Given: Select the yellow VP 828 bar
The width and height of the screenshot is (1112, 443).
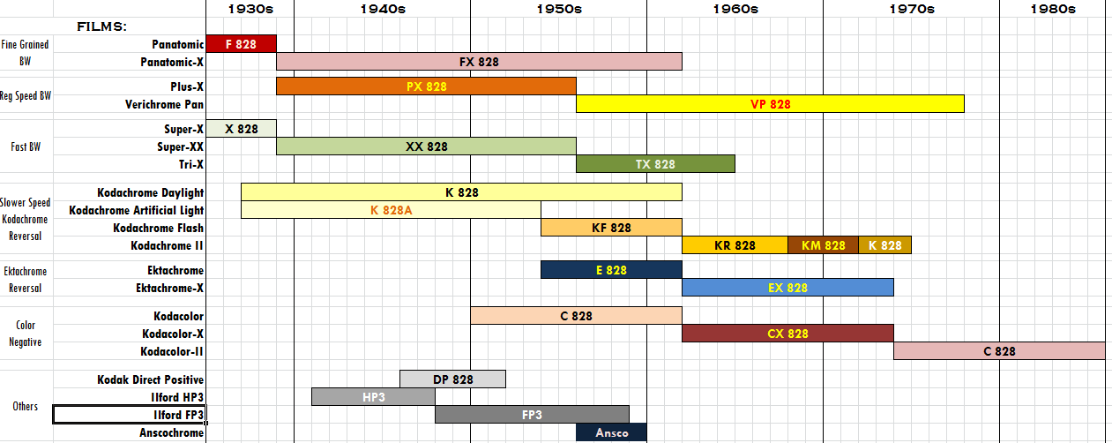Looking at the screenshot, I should tap(770, 104).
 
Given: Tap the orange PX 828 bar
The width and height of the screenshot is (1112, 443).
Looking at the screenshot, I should tap(426, 86).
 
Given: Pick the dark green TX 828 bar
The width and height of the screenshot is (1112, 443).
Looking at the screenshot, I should tap(655, 164).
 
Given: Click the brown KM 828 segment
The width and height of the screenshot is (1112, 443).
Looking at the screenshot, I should tap(823, 245).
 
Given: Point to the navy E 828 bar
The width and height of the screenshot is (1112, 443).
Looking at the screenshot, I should tap(611, 270).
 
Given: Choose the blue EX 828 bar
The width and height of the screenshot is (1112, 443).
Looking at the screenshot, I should tap(787, 288).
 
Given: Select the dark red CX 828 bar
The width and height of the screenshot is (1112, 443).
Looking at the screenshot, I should tap(787, 334).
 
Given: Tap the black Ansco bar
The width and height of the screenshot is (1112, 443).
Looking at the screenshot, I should tap(611, 432).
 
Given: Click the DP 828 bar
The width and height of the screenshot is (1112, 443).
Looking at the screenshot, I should tap(452, 379).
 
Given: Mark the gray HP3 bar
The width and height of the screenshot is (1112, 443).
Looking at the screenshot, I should tap(373, 397).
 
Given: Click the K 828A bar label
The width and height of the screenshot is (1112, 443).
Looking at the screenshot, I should tap(392, 210).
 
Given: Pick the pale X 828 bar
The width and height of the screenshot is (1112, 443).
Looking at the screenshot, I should tap(241, 129).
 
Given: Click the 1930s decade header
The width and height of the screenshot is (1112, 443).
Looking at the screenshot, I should tap(250, 9).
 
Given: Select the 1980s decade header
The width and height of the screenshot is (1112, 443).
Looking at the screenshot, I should tap(1052, 9).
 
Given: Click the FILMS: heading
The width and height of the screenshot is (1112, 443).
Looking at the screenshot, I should tap(101, 26).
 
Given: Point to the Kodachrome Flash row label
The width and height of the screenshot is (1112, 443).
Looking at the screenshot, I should tap(158, 228).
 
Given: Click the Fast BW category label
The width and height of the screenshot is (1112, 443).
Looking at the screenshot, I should tap(25, 147).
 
